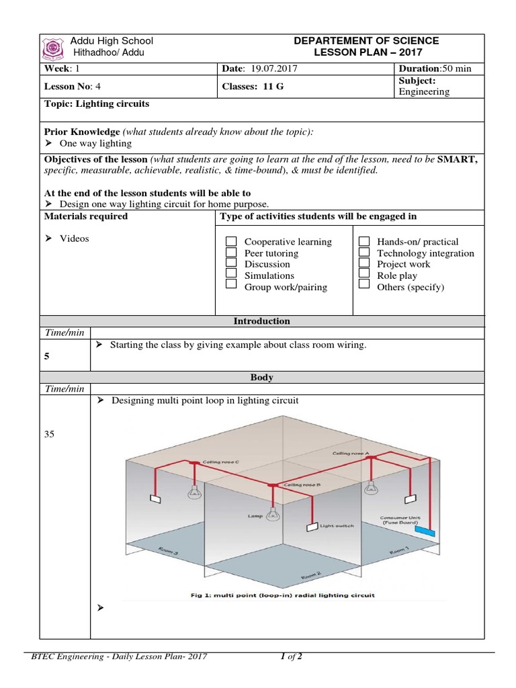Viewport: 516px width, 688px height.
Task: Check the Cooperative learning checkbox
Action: [x=231, y=241]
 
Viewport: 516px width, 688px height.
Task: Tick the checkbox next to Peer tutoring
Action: [x=231, y=253]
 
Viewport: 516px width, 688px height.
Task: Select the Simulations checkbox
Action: [x=231, y=274]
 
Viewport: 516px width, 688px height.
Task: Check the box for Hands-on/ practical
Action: [x=364, y=241]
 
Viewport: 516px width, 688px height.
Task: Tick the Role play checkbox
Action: [x=364, y=274]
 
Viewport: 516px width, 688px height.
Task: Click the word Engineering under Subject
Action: [x=424, y=91]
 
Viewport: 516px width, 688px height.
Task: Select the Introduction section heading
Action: [x=261, y=321]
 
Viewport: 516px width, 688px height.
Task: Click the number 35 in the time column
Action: [x=48, y=434]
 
